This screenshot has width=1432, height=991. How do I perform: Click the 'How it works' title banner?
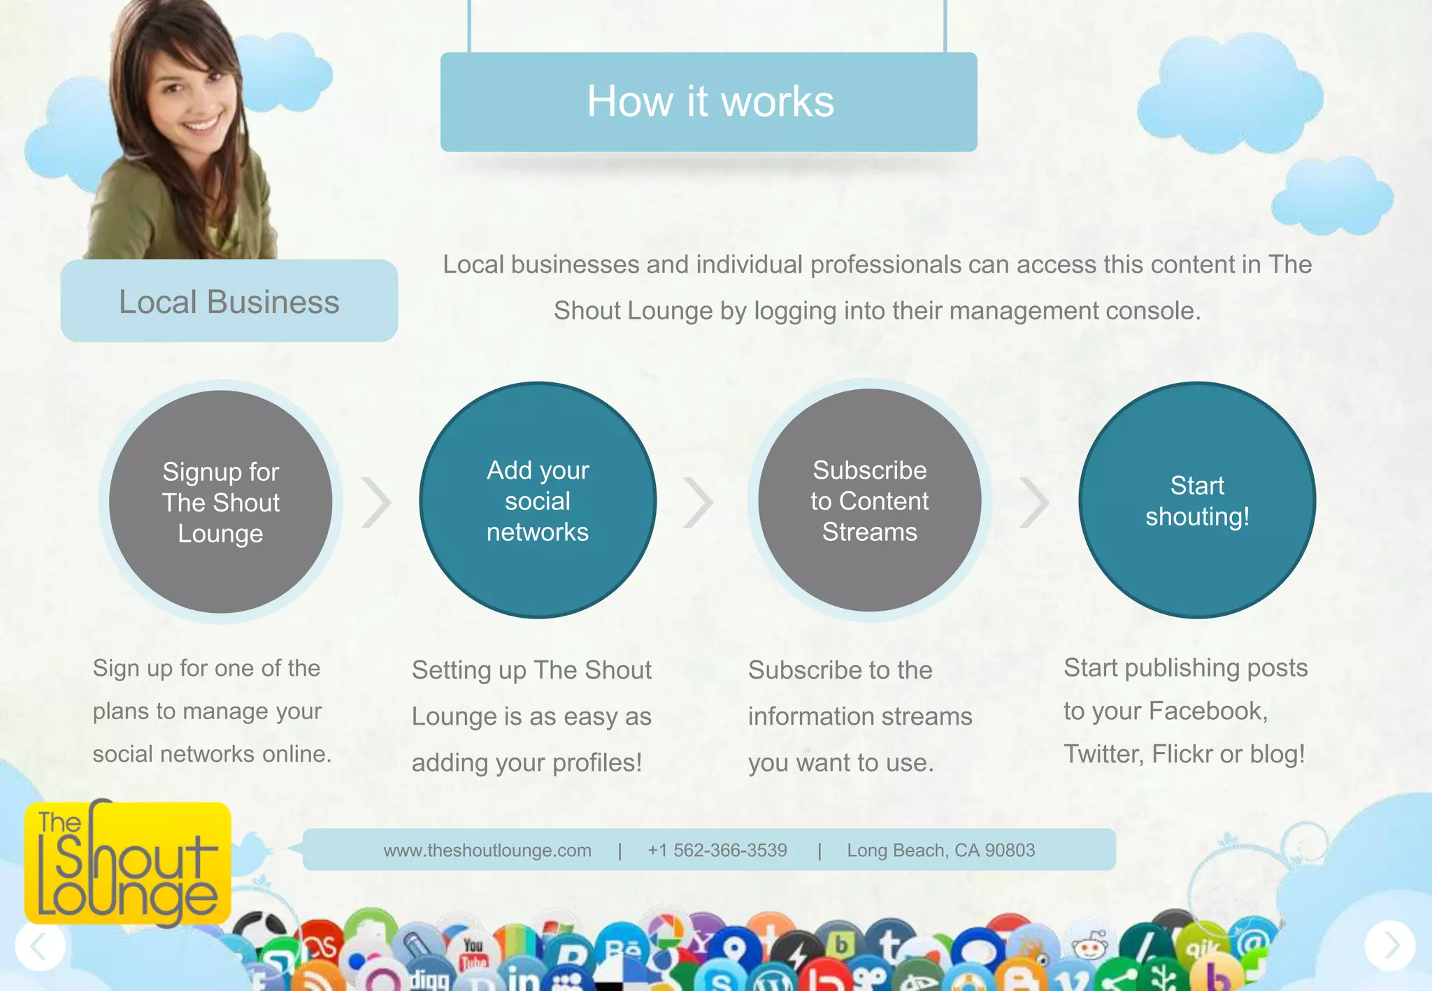click(708, 102)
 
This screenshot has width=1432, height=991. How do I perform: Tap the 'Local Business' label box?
click(229, 301)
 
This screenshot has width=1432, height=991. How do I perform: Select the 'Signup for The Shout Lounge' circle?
click(221, 502)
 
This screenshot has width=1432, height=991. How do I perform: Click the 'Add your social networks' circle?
click(538, 500)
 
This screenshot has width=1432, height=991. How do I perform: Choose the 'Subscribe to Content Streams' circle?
click(869, 500)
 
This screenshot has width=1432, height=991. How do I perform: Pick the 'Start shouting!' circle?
click(1197, 500)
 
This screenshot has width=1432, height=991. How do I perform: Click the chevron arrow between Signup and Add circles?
click(377, 502)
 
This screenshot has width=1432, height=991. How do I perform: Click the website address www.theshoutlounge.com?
click(487, 851)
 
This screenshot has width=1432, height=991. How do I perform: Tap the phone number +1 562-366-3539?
click(717, 851)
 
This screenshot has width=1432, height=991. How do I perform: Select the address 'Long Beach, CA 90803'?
click(940, 851)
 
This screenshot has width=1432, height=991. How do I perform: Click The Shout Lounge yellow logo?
click(127, 864)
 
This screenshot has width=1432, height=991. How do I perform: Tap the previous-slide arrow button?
click(40, 946)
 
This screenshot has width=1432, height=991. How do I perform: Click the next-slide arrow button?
click(1390, 946)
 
